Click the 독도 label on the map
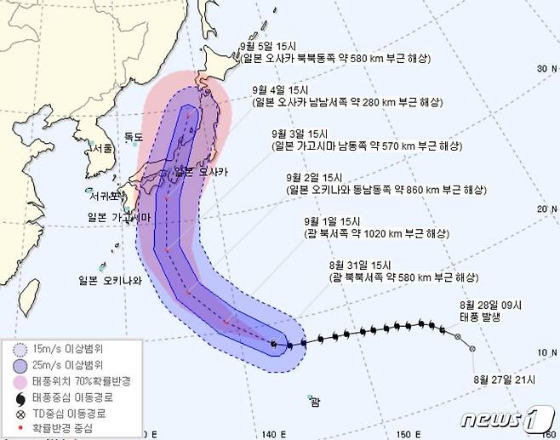pyautogui.click(x=134, y=135)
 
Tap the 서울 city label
pyautogui.click(x=103, y=147)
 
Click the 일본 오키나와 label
pyautogui.click(x=106, y=279)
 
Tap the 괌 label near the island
pyautogui.click(x=316, y=401)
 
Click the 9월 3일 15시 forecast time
pyautogui.click(x=295, y=134)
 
